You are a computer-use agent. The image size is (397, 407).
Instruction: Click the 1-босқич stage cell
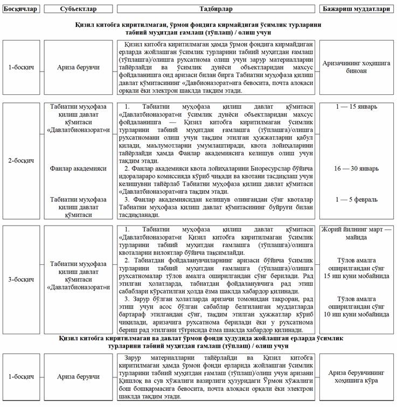point(21,68)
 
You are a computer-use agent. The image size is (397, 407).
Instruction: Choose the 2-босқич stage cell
point(21,160)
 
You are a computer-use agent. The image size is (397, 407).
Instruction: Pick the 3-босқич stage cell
point(21,279)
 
